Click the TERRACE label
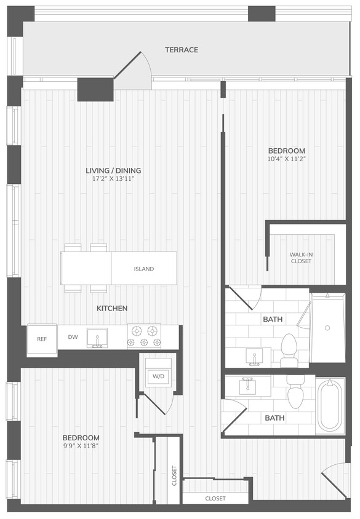[182, 50]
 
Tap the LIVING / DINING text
[114, 170]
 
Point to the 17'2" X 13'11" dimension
[114, 179]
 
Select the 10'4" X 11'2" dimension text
[286, 159]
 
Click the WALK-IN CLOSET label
[301, 258]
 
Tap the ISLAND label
[144, 269]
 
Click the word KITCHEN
[112, 308]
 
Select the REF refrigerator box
[42, 339]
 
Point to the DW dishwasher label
[73, 337]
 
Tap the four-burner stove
[144, 337]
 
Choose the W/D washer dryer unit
[157, 376]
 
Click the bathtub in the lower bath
[330, 406]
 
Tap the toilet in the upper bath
[289, 348]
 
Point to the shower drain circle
[327, 328]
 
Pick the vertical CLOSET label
[174, 475]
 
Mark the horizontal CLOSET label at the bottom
[215, 498]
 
